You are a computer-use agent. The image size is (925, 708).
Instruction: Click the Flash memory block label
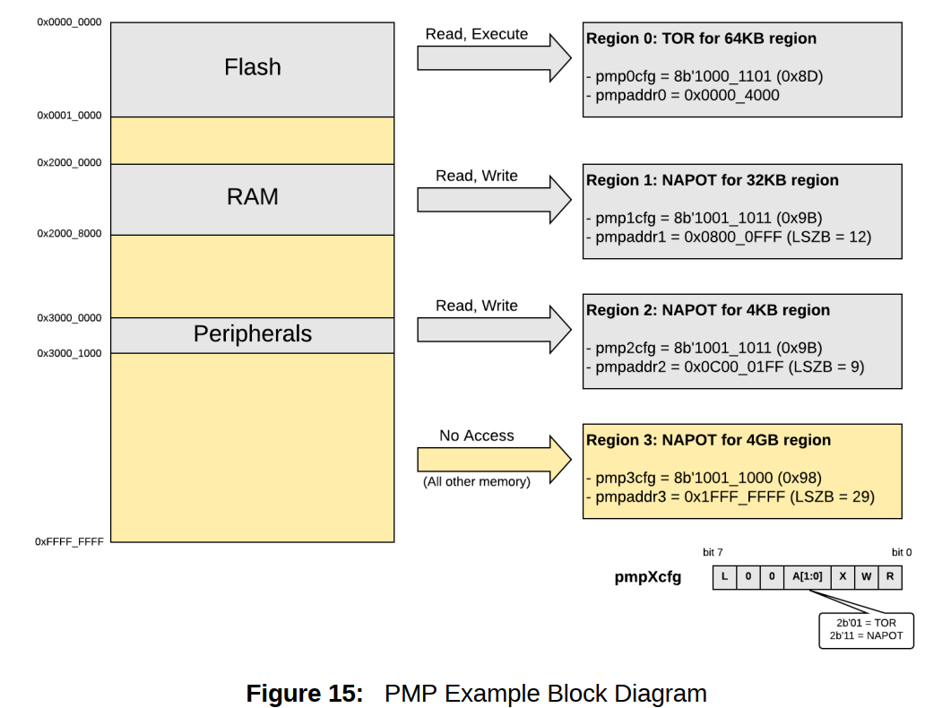click(252, 67)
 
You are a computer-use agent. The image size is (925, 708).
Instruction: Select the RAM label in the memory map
click(252, 196)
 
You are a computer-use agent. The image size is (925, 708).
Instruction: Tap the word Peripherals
click(252, 334)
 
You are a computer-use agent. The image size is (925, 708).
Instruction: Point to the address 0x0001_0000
click(69, 116)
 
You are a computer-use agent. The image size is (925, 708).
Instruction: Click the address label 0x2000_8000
click(69, 233)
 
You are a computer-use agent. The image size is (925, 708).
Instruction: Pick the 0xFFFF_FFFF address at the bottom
click(69, 541)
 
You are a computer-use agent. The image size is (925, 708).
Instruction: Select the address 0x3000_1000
click(69, 353)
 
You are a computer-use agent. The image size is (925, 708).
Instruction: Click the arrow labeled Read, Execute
click(494, 57)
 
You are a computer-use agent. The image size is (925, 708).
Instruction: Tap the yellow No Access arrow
click(494, 459)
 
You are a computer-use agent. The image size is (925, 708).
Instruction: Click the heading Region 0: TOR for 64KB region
click(701, 39)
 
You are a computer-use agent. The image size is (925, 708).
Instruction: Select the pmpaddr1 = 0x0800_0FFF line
click(728, 237)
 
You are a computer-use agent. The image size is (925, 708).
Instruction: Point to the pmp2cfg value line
click(704, 347)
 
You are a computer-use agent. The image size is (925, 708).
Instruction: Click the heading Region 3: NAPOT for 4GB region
click(708, 440)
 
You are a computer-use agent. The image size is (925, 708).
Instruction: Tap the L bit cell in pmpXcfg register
click(724, 577)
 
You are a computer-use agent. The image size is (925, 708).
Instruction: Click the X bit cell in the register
click(842, 577)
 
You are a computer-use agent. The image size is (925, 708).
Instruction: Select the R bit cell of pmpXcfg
click(889, 577)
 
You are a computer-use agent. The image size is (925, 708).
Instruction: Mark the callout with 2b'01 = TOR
click(866, 622)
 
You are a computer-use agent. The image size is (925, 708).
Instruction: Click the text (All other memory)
click(476, 481)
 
